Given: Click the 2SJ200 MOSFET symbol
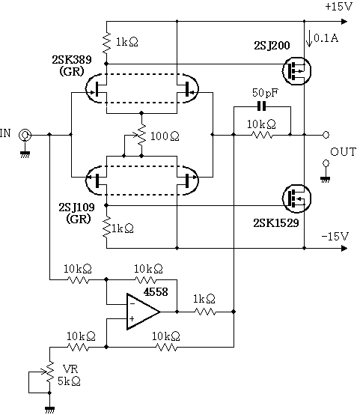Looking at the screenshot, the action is pos(296,71).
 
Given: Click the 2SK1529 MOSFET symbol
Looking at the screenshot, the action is pos(296,199).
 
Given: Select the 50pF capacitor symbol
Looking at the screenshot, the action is pos(262,107).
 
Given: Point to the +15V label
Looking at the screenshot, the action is pos(339,7).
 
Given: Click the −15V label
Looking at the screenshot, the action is pos(335,236).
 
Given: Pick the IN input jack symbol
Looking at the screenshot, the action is pos(25,136).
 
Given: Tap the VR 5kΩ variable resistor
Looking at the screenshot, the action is pos(49,372).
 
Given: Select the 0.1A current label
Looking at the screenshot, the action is pos(326,39).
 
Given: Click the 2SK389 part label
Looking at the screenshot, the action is pos(72,60).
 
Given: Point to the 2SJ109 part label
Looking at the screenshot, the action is pos(76,207).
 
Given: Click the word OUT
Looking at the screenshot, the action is pos(343,152).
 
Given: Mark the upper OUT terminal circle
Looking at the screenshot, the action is pos(326,135).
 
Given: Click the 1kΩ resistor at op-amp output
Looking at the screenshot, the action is pos(205,312).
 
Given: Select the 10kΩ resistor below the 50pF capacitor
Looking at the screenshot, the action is pos(262,135).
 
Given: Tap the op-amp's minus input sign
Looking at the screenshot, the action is pos(132,303).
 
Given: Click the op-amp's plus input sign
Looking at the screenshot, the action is pos(132,318).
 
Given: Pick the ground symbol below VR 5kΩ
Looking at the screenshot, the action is pos(49,409).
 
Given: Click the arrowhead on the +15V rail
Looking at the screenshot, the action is pos(344,21).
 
